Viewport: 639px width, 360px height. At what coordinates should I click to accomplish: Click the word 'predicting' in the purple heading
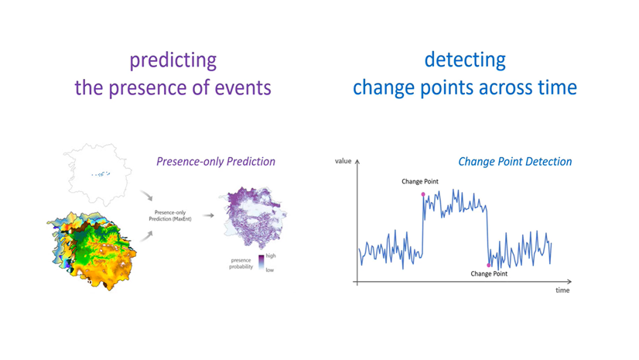[173, 61]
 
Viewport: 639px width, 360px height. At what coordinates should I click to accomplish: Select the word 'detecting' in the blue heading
[465, 60]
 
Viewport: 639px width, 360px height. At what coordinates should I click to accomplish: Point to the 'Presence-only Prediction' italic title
[216, 162]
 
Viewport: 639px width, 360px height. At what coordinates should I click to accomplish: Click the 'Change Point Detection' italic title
[515, 162]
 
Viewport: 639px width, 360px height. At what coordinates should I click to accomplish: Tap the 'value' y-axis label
[343, 161]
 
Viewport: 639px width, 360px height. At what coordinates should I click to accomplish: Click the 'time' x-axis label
[562, 290]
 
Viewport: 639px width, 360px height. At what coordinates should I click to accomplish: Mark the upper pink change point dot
[423, 194]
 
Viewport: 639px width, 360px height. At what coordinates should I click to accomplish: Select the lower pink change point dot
[489, 266]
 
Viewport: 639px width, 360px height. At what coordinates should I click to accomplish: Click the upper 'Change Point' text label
[420, 181]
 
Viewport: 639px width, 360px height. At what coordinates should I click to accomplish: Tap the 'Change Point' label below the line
[489, 273]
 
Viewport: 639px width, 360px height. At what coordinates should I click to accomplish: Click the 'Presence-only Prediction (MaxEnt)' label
[170, 216]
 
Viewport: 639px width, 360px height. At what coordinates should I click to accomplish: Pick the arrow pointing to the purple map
[209, 215]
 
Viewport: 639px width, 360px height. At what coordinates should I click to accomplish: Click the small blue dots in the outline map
[101, 174]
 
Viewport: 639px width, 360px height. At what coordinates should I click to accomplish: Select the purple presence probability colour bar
[261, 263]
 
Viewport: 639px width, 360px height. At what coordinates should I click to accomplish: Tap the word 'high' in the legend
[271, 255]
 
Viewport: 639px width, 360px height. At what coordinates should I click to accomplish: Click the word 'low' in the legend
[270, 270]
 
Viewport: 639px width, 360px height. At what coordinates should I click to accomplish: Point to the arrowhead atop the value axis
[357, 162]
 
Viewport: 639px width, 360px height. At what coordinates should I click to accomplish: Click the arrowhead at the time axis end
[569, 281]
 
